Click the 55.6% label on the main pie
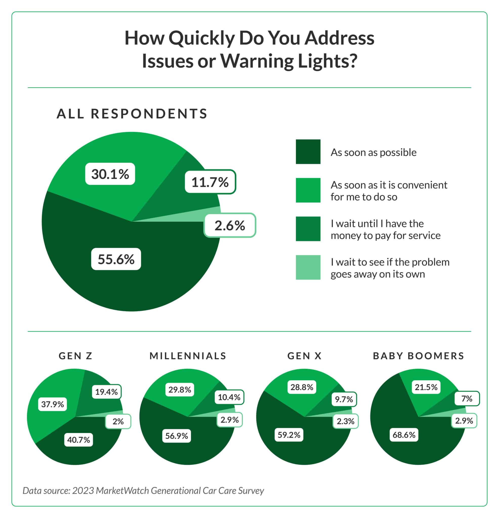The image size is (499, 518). tap(116, 259)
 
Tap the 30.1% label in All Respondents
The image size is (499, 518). tap(110, 174)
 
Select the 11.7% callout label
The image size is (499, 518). tap(210, 182)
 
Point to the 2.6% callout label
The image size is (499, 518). tap(230, 225)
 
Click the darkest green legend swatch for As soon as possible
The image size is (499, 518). tap(308, 152)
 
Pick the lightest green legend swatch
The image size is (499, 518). tap(308, 267)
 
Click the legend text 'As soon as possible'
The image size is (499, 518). tap(373, 153)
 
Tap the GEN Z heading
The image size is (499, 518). tap(75, 356)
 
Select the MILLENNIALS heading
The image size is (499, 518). tap(188, 356)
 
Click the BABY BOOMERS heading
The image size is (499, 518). tap(418, 356)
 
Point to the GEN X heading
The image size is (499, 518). tap(304, 356)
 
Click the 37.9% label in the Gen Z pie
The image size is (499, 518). tap(52, 404)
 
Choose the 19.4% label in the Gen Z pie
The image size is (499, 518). tap(106, 392)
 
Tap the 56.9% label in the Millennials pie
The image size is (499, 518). tap(176, 436)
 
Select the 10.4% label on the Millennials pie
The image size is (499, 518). tap(229, 397)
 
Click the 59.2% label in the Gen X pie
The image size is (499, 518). tap(289, 435)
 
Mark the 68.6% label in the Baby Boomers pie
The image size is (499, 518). tap(404, 435)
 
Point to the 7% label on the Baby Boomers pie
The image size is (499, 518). tap(467, 398)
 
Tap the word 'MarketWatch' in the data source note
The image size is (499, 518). tap(123, 490)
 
